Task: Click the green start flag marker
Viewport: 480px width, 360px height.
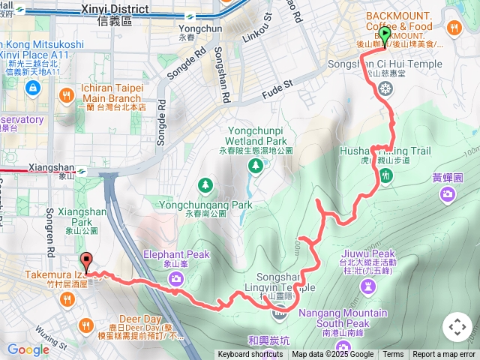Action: pyautogui.click(x=385, y=35)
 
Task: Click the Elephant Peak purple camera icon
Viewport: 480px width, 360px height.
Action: pyautogui.click(x=175, y=279)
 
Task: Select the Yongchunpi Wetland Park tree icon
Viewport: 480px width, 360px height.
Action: pyautogui.click(x=256, y=164)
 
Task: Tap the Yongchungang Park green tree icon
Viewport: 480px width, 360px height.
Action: pyautogui.click(x=205, y=184)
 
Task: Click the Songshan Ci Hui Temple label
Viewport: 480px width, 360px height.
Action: pyautogui.click(x=385, y=64)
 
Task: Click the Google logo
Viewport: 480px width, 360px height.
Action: pyautogui.click(x=28, y=349)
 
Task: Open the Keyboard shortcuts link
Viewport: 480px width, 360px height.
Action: pyautogui.click(x=250, y=355)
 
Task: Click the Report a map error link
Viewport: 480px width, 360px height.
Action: pyautogui.click(x=444, y=355)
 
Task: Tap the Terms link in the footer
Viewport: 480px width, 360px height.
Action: pyautogui.click(x=393, y=355)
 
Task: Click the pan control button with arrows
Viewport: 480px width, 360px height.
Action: pyautogui.click(x=457, y=327)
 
